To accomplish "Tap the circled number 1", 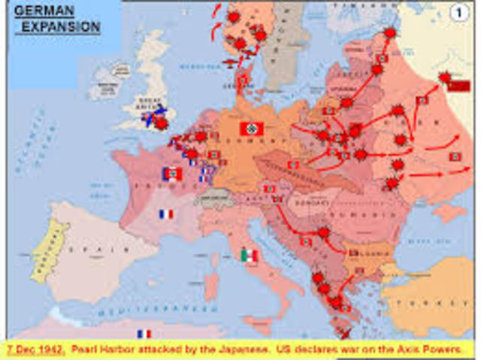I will [x=458, y=12].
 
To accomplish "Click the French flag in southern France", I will [x=166, y=214].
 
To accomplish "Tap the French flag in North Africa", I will [x=144, y=333].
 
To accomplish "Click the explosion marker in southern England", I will [x=160, y=122].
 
